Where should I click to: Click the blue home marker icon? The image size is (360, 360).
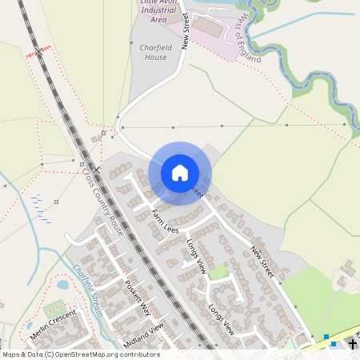click(180, 173)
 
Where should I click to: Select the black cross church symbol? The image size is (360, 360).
click(353, 344)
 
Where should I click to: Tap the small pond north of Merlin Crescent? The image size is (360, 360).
click(63, 284)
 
